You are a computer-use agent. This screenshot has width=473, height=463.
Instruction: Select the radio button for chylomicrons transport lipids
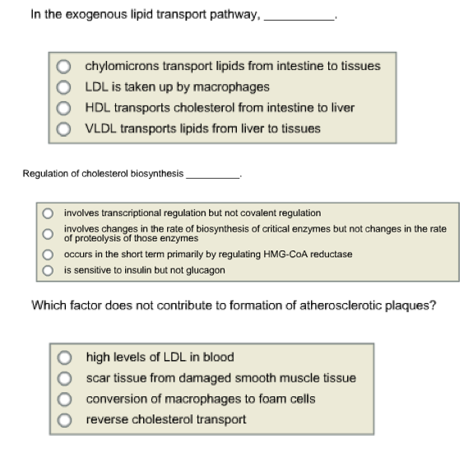[x=64, y=66]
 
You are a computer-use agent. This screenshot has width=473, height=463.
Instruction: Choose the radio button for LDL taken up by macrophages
[x=64, y=87]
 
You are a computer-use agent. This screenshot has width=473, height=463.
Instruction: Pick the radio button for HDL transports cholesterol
[x=64, y=108]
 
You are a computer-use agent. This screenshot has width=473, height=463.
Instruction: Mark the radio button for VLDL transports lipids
[x=64, y=129]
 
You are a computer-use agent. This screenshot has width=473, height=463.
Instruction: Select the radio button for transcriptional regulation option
[x=48, y=213]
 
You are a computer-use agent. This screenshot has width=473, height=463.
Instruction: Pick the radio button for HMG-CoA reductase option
[x=48, y=254]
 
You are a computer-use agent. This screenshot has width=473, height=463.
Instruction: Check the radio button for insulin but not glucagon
[x=48, y=269]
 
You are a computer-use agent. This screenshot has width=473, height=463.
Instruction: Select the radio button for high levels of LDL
[x=64, y=358]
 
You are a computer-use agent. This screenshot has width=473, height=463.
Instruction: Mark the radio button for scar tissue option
[x=64, y=378]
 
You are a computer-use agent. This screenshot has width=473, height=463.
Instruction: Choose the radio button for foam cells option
[x=64, y=399]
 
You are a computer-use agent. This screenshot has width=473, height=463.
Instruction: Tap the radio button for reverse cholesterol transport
[x=64, y=419]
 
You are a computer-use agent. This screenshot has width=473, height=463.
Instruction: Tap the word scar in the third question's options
[x=98, y=378]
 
